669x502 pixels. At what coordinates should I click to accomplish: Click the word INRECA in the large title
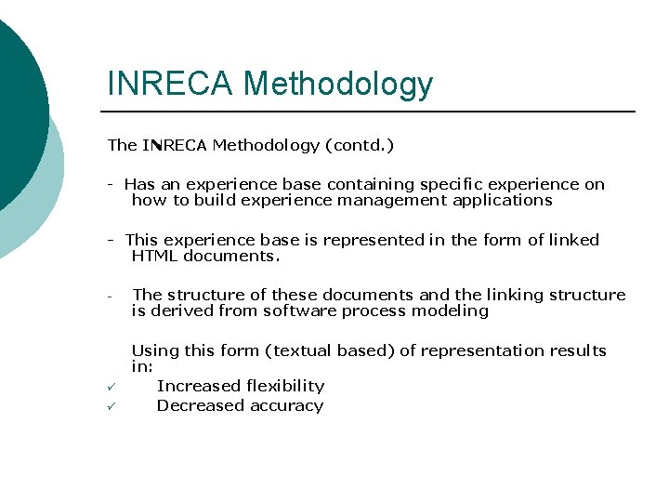[171, 84]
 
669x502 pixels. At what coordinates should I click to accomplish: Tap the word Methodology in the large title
[338, 86]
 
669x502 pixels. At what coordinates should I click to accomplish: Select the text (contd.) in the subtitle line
[359, 145]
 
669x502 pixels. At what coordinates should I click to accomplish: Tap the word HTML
[154, 256]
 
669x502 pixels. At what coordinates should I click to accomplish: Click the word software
[296, 310]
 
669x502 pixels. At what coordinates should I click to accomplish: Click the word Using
[154, 350]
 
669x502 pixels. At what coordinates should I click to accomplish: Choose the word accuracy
[284, 405]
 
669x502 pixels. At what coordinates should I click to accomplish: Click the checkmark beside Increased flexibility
[111, 386]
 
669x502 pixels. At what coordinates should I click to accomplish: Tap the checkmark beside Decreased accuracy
[111, 406]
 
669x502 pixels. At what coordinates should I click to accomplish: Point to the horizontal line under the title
[372, 112]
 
